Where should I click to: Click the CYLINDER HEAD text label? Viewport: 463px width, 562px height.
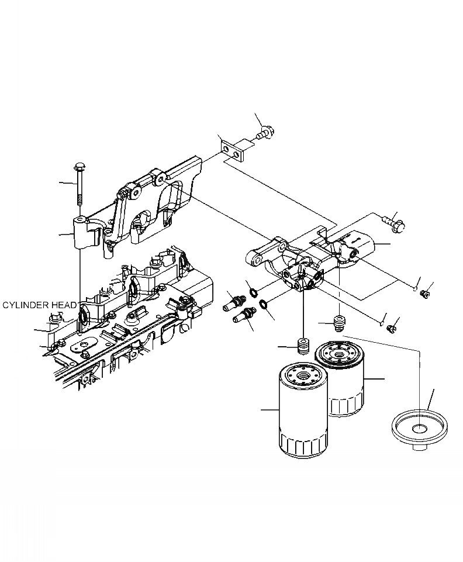point(39,305)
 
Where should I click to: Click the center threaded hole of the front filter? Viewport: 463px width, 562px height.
point(303,374)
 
